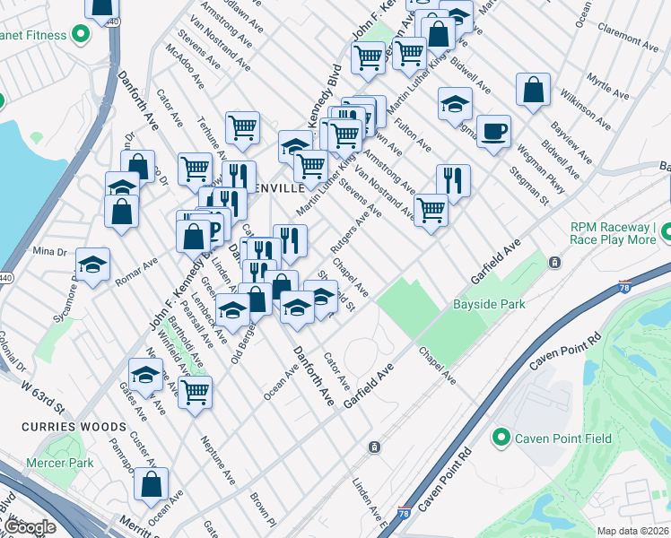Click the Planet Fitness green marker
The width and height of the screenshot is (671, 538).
pyautogui.click(x=79, y=36)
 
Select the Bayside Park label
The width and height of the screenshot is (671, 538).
pyautogui.click(x=489, y=305)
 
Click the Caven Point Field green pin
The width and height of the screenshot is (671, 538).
pyautogui.click(x=501, y=438)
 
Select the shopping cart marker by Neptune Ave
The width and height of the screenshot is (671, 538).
pyautogui.click(x=195, y=392)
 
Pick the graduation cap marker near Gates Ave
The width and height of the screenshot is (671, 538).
pyautogui.click(x=145, y=374)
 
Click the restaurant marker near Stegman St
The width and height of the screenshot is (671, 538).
pyautogui.click(x=453, y=181)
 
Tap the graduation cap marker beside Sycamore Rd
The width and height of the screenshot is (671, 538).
pyautogui.click(x=92, y=265)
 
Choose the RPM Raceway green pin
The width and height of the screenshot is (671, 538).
pyautogui.click(x=667, y=234)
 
